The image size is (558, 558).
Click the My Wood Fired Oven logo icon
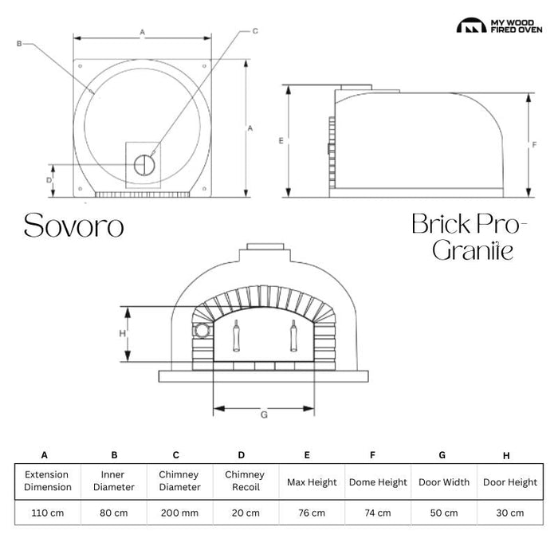471,26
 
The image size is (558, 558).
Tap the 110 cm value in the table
48,513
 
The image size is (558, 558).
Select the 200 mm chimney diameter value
179,513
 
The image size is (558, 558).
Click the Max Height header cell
312,482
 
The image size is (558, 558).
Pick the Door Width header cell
444,482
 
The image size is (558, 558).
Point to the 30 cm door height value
510,513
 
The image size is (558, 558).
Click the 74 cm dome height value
378,513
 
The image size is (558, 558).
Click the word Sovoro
74,226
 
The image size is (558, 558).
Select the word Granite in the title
473,250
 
